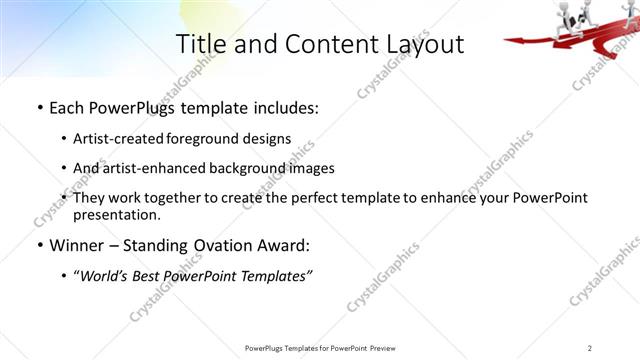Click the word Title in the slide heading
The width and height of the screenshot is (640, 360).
point(198,44)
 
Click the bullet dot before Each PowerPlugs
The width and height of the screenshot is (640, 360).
point(39,107)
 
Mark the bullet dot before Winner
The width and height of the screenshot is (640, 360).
point(39,245)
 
